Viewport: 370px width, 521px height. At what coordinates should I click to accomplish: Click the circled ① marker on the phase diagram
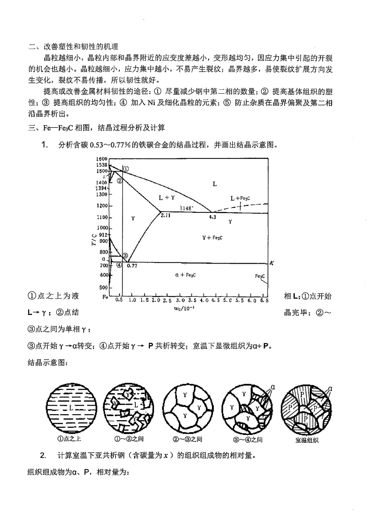click(x=126, y=169)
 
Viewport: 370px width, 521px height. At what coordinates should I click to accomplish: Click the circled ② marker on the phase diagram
click(x=120, y=180)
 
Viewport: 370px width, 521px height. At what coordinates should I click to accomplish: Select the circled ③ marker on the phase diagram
click(x=125, y=255)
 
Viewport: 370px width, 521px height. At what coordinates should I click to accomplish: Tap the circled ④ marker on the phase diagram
click(x=119, y=265)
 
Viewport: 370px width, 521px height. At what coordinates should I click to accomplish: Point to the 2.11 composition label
click(x=166, y=215)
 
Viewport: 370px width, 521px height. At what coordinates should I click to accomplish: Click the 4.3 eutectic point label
click(x=212, y=217)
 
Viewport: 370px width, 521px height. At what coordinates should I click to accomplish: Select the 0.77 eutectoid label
click(x=132, y=266)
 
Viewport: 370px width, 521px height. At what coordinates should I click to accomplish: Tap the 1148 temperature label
click(x=186, y=208)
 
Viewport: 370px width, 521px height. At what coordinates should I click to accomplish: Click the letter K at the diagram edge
click(x=272, y=263)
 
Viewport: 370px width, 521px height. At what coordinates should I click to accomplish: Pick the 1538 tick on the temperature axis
click(x=102, y=165)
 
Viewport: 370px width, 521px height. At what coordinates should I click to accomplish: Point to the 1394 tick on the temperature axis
click(x=101, y=188)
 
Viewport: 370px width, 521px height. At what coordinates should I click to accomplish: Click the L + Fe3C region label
click(x=240, y=198)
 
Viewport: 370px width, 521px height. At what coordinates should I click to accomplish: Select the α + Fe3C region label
click(x=185, y=275)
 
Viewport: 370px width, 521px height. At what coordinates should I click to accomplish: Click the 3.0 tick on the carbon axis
click(x=180, y=300)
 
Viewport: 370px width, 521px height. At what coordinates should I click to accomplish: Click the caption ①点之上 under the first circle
click(x=69, y=439)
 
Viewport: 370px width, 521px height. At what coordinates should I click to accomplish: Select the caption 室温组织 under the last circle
click(x=307, y=440)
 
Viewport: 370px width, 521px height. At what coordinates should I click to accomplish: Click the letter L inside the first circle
click(x=71, y=408)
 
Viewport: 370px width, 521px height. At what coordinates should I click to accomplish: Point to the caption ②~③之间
click(x=188, y=439)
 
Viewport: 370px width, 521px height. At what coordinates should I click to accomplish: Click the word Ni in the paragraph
click(x=151, y=103)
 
